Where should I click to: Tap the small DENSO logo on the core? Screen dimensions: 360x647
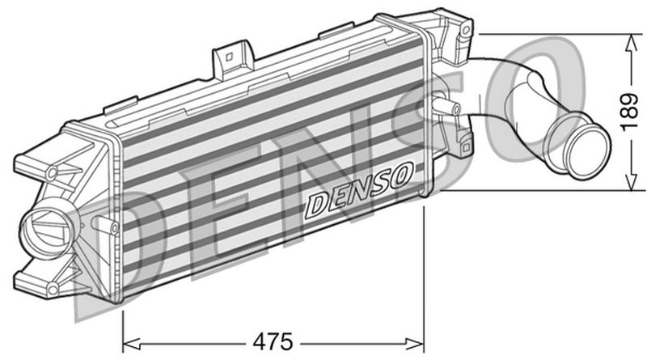click(x=360, y=192)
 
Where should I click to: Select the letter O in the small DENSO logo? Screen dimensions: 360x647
click(x=402, y=173)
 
